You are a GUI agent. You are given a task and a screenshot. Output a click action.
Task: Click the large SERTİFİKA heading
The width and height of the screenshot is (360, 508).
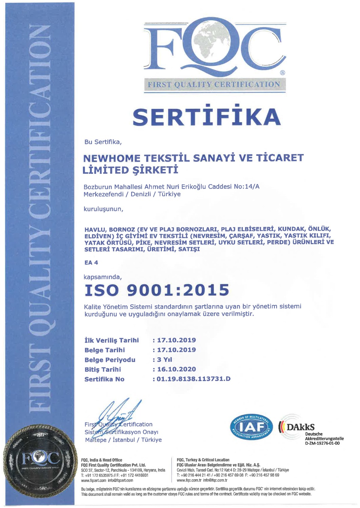tap(206, 117)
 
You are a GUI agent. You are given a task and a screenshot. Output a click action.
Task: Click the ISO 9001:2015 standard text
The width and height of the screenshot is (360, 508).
tap(157, 290)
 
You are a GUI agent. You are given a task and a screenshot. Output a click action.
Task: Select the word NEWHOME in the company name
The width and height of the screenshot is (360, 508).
tap(112, 158)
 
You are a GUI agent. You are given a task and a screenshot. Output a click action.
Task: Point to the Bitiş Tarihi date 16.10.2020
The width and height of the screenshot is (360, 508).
tap(176, 369)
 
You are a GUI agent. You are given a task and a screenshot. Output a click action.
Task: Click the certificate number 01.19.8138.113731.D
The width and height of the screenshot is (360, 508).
tap(193, 379)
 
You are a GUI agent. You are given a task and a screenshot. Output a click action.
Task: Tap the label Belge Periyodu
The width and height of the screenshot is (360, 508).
tap(110, 360)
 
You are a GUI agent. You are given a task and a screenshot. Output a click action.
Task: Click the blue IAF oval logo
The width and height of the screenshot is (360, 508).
tap(251, 427)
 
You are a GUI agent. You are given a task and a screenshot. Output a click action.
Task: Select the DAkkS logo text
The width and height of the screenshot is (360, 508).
tap(300, 427)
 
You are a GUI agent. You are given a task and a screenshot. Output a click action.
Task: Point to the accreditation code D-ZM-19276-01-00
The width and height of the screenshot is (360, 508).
tap(322, 443)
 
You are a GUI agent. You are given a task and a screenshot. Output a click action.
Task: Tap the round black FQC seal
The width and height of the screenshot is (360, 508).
tap(41, 461)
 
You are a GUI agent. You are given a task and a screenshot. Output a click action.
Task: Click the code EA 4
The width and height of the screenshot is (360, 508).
tap(91, 262)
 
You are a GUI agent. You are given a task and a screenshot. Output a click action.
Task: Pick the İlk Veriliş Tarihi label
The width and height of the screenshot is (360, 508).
tap(112, 340)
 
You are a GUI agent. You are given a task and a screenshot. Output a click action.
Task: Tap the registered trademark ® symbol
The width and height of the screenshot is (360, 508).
tap(282, 73)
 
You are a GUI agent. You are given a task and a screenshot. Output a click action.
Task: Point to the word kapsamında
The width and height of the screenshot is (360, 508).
tap(102, 277)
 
